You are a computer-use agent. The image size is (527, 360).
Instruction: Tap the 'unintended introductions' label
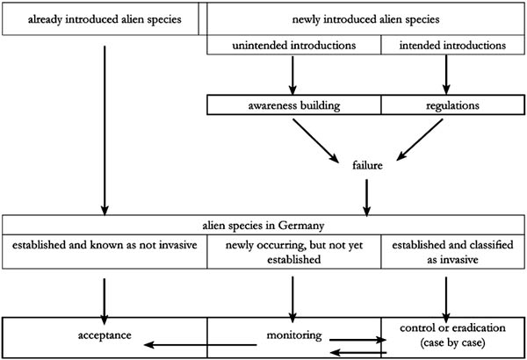click(293, 45)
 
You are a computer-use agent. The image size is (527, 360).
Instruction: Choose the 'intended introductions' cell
click(451, 45)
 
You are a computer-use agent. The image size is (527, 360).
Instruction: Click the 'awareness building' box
click(293, 105)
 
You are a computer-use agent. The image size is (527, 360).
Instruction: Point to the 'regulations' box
click(451, 105)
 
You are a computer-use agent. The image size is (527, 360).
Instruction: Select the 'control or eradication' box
click(452, 336)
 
